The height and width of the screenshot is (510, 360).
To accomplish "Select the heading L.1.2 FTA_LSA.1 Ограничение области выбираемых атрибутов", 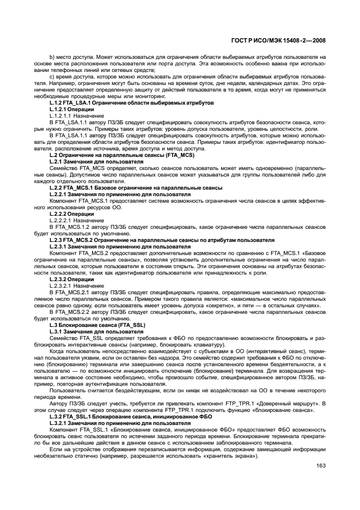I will coord(131,103).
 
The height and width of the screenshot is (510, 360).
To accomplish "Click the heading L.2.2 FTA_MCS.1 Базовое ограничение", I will coord(135,187).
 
